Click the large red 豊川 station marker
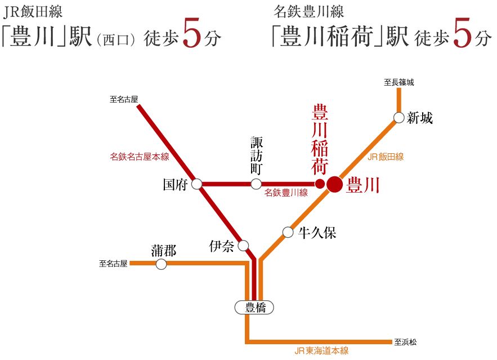tap(334, 184)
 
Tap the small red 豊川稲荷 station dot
tap(320, 184)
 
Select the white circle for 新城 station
tap(399, 118)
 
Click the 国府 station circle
tap(197, 184)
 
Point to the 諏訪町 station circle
tap(256, 184)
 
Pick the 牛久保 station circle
tap(288, 232)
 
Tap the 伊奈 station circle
tap(243, 246)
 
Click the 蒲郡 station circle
tap(161, 264)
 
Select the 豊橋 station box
tap(254, 307)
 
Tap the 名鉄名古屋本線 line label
tap(140, 157)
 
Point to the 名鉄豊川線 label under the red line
tap(286, 193)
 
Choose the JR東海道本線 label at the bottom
tap(321, 351)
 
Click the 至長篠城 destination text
tap(399, 82)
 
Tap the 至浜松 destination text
tap(405, 341)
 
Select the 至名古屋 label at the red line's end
tap(124, 100)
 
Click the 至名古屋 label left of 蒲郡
tap(114, 263)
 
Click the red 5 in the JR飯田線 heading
tap(192, 37)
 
